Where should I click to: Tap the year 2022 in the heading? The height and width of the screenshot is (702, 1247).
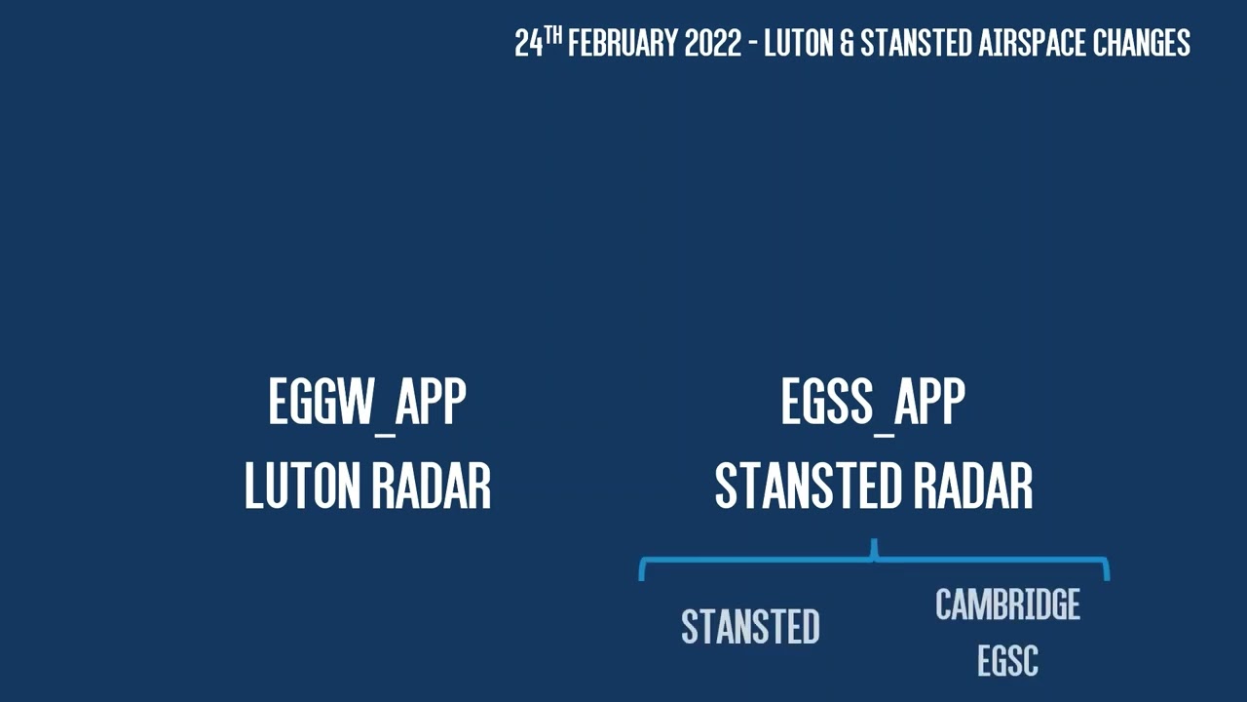click(x=713, y=44)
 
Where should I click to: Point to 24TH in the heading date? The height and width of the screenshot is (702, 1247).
click(x=538, y=43)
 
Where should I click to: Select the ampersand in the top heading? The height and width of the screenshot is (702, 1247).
click(x=845, y=44)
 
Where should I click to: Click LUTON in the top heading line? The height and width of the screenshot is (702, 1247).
click(x=798, y=44)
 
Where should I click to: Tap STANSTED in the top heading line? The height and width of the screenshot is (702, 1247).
click(x=916, y=44)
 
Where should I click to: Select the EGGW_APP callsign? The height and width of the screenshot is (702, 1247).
click(x=367, y=402)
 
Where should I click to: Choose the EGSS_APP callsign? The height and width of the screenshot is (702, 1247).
click(x=873, y=402)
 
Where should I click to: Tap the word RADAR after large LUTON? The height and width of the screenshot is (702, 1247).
click(x=435, y=486)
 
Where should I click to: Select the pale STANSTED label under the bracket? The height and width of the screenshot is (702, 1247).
click(x=750, y=627)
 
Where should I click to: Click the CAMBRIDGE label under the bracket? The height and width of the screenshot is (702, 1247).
click(x=1007, y=605)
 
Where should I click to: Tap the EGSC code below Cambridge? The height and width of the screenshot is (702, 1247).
click(x=1007, y=661)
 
